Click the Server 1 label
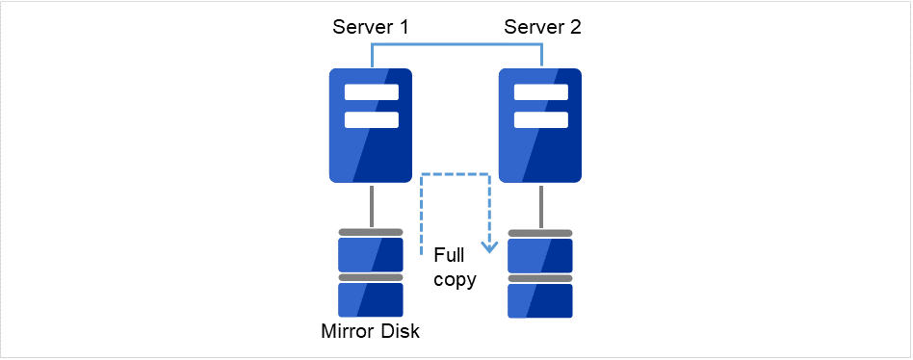point(371,26)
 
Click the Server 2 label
point(542,26)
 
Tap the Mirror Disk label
point(371,333)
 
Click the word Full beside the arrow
point(450,256)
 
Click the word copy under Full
point(454,281)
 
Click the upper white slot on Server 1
point(371,93)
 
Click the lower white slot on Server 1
point(371,119)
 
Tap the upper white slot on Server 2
point(540,93)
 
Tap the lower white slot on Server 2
point(540,119)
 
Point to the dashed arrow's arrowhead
point(489,246)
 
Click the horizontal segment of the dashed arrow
point(456,175)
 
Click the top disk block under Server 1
point(371,255)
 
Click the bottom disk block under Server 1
point(371,299)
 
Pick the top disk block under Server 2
point(540,255)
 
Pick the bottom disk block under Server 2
point(540,299)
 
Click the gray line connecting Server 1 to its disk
point(371,206)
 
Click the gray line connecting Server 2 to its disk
point(540,206)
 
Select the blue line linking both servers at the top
point(456,44)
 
